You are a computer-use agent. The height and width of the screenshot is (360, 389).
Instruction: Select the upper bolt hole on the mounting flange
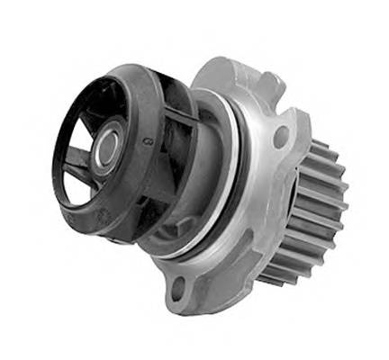(x=280, y=137)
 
